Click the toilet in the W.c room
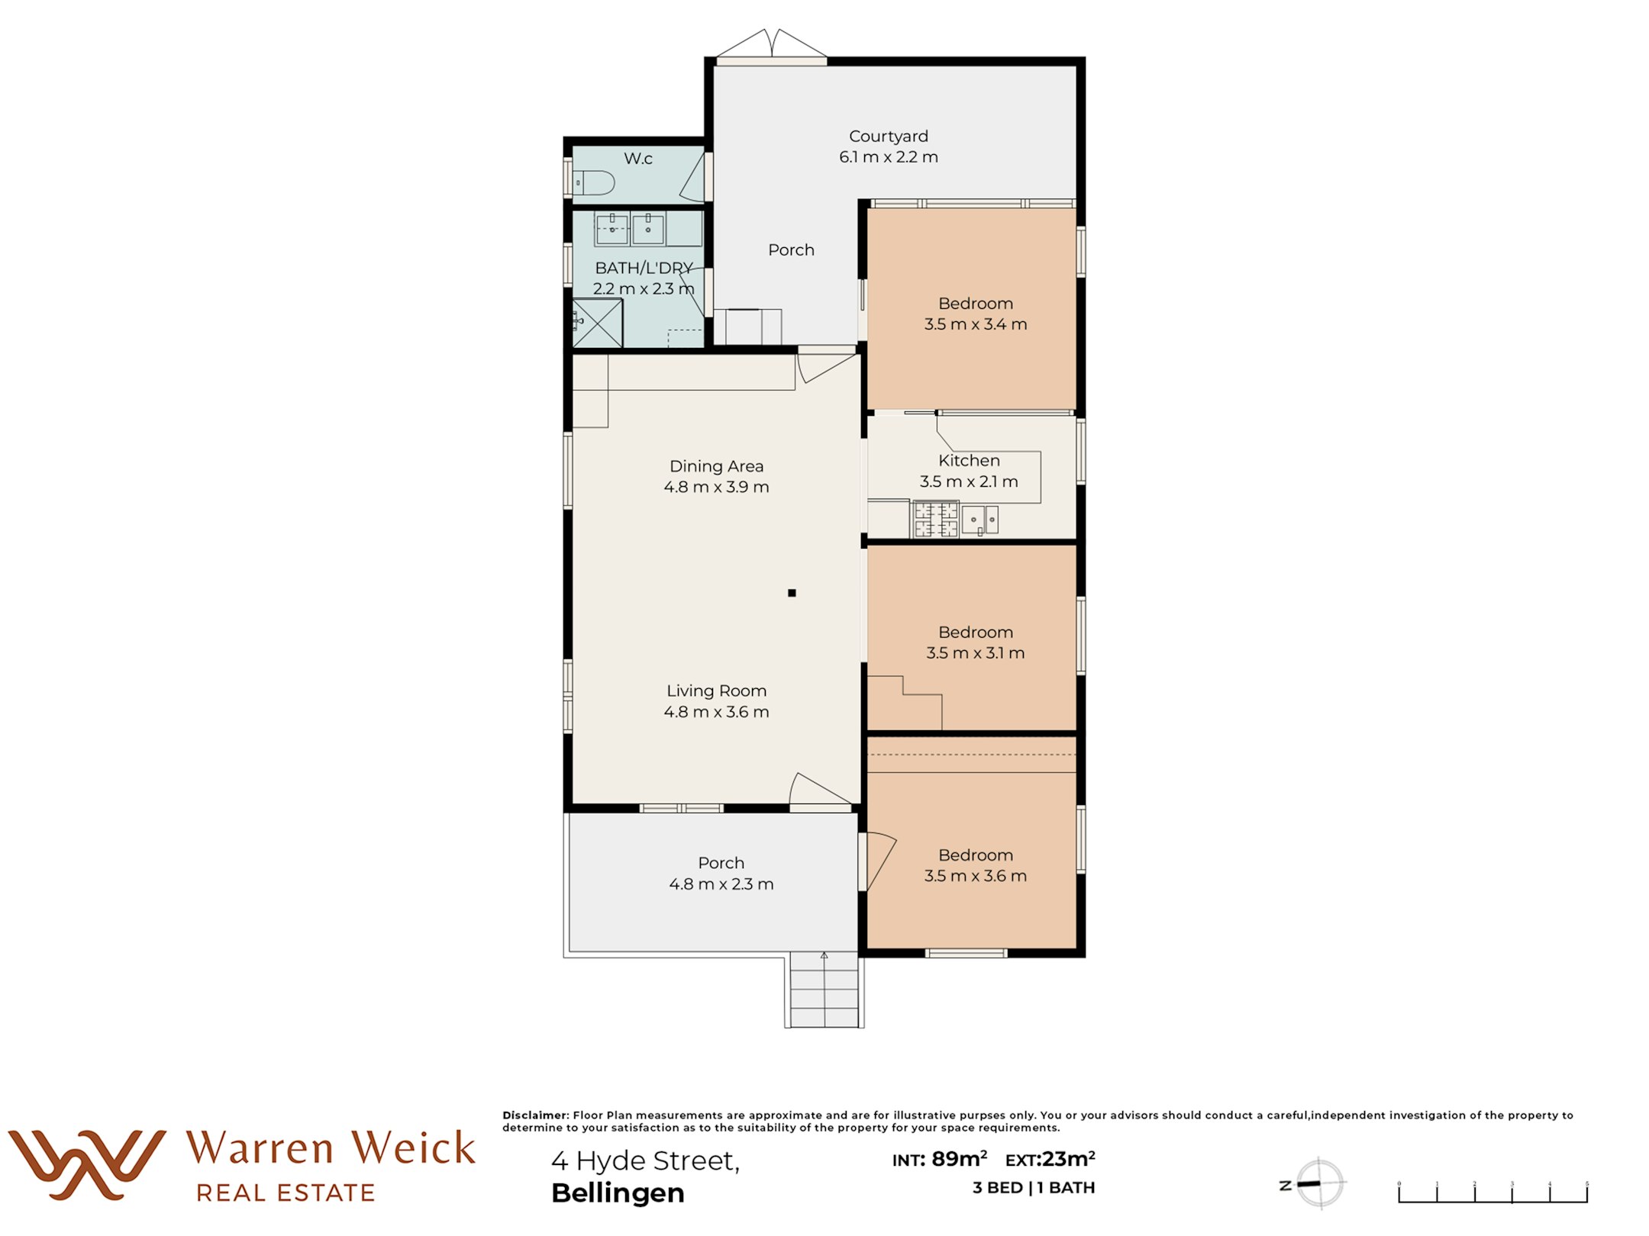click(594, 183)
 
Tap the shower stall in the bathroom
click(598, 323)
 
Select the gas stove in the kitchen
click(936, 519)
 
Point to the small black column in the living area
click(792, 593)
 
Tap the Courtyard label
click(889, 137)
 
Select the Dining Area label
click(716, 466)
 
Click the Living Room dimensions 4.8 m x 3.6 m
click(716, 712)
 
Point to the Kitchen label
click(969, 461)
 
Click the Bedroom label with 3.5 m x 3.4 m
click(976, 304)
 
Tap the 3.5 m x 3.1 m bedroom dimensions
click(976, 653)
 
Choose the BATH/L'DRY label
click(644, 269)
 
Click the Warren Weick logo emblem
click(87, 1164)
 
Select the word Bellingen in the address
click(618, 1193)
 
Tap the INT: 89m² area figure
click(940, 1160)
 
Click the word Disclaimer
click(535, 1115)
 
